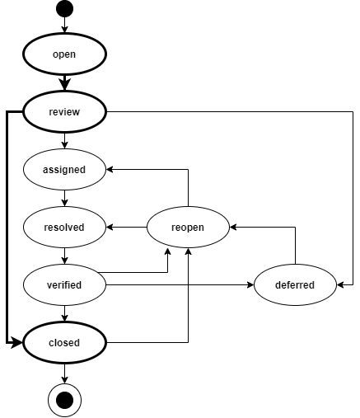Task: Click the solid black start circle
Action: [64, 9]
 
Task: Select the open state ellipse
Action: [64, 54]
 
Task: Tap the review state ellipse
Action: [64, 112]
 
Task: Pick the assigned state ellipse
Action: [64, 170]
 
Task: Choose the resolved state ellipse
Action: [64, 228]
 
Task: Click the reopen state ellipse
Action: [188, 228]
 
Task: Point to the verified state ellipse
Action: [64, 285]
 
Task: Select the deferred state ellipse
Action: [295, 285]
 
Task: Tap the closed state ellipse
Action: [64, 343]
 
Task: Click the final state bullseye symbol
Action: [64, 400]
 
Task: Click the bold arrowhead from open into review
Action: [64, 84]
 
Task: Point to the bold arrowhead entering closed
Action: [16, 343]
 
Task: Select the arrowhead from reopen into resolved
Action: [110, 228]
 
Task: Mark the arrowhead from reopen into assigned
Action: [110, 170]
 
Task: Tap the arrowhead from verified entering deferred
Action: [250, 285]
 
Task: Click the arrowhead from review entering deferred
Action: [340, 285]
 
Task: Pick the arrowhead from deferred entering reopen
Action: [233, 228]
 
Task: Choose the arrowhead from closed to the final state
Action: [64, 380]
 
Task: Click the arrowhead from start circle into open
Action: [64, 30]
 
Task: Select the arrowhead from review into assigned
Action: [64, 145]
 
